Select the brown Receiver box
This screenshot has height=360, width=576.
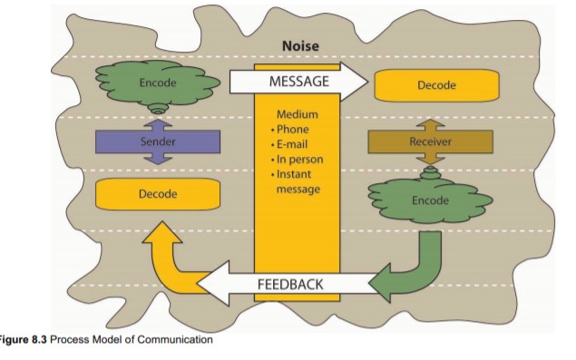point(430,141)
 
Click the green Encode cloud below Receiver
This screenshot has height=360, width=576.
point(430,199)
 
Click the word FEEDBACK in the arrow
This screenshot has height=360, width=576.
point(289,285)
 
